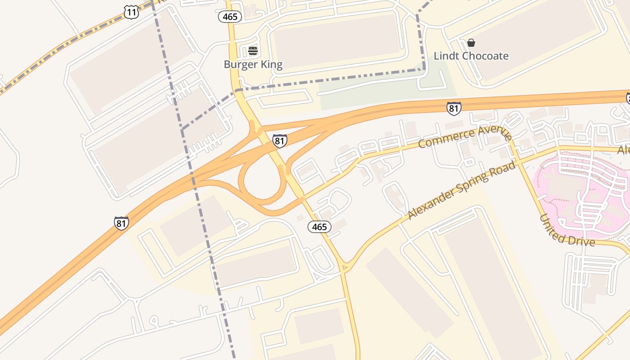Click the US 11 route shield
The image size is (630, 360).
(131, 12)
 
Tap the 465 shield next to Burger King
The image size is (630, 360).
(230, 17)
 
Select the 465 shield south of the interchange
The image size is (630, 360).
(319, 227)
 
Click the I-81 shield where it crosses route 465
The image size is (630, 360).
(279, 141)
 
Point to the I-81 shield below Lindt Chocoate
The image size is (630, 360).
(454, 108)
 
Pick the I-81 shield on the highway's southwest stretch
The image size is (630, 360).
(121, 223)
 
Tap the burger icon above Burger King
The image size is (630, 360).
(252, 51)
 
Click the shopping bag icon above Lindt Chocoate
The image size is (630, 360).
(471, 43)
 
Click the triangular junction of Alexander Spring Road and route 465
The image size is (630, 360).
(344, 266)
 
